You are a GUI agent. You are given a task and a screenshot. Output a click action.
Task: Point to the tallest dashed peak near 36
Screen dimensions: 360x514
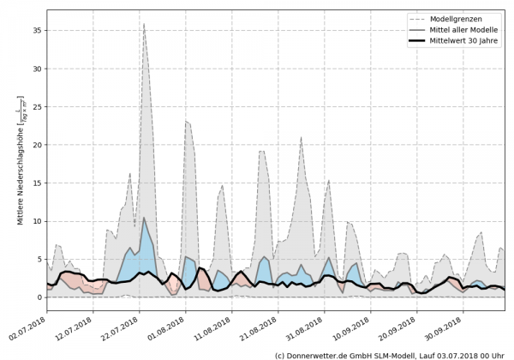[144, 25]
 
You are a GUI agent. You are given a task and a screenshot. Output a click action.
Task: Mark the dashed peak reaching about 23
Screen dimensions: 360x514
[187, 122]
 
